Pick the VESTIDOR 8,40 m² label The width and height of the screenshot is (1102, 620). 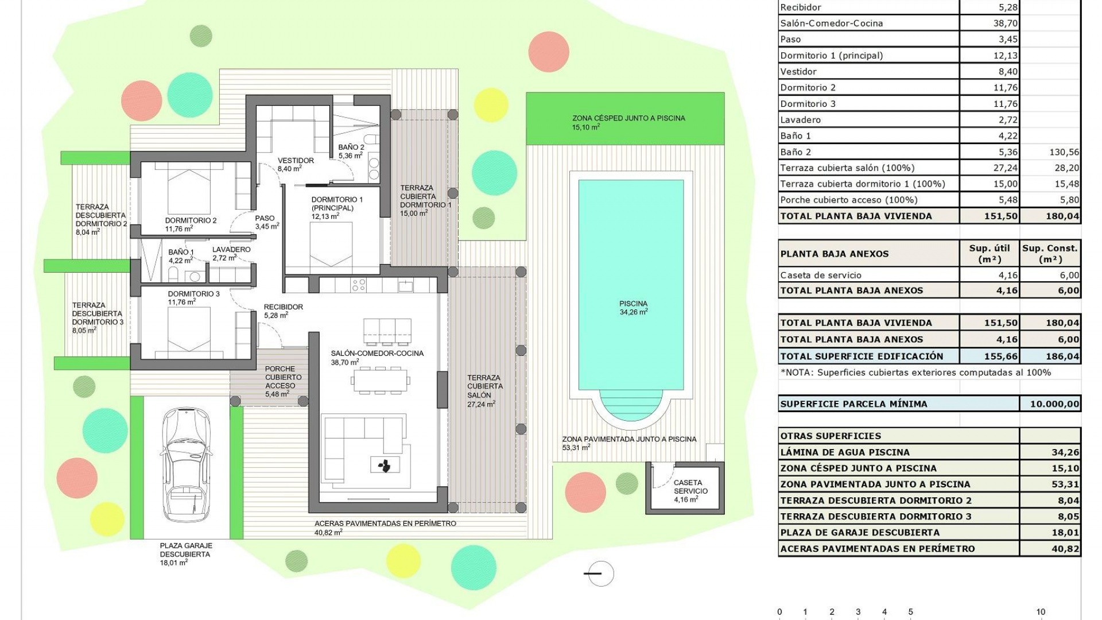[x=295, y=165]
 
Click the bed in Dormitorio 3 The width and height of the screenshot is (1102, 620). [x=189, y=330]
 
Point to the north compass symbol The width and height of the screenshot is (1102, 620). [x=600, y=573]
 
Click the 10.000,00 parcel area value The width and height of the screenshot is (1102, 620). [x=1054, y=404]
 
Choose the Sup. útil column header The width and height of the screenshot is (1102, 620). [x=990, y=253]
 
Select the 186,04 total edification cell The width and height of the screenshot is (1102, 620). [x=1062, y=356]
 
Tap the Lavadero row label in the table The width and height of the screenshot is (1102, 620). [x=800, y=120]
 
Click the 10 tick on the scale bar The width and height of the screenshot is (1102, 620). [x=1041, y=612]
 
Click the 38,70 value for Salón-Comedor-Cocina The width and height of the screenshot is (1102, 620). [x=1005, y=24]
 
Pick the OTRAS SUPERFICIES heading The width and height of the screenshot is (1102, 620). [x=831, y=436]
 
